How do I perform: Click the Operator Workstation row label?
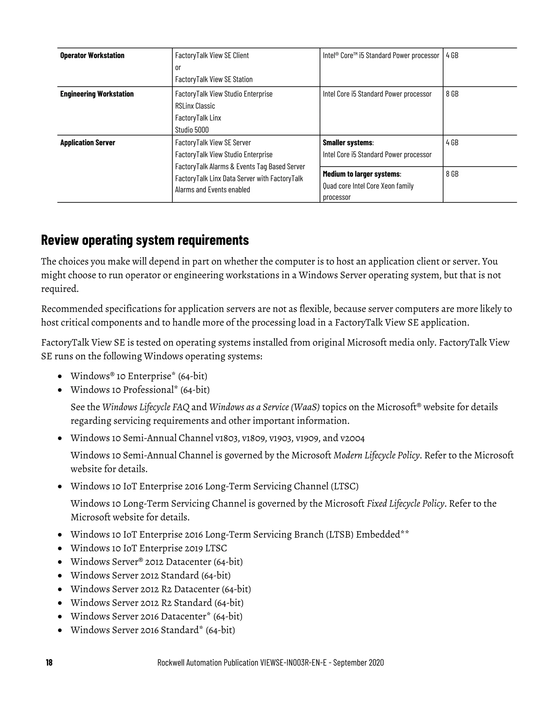(92, 56)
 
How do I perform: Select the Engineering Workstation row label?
(97, 94)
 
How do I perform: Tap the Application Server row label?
(88, 143)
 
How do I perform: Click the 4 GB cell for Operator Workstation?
(452, 56)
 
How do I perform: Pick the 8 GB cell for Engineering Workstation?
(452, 94)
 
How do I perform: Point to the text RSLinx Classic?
(195, 106)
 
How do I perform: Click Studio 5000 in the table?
(192, 130)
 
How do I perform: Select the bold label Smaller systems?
(347, 143)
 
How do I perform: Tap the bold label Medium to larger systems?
(361, 174)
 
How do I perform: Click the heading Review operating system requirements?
(145, 240)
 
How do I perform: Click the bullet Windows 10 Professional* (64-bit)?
(140, 390)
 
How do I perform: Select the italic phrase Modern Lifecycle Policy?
(377, 455)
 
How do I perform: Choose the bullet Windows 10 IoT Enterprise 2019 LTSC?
(148, 548)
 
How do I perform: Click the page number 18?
(49, 663)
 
